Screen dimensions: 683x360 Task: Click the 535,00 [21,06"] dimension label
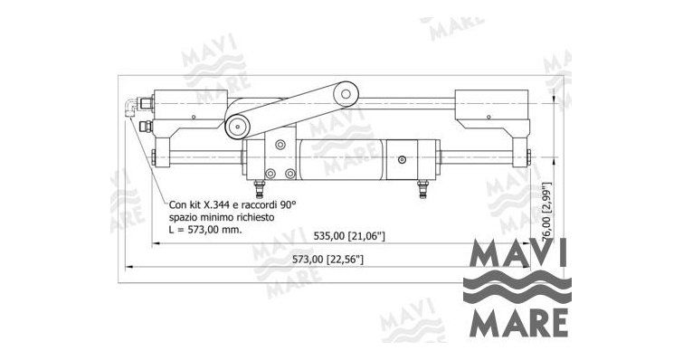coord(349,236)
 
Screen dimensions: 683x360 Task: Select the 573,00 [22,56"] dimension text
coord(327,260)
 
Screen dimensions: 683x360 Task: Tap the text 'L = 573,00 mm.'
coord(204,230)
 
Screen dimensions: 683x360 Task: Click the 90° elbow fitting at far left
coord(129,108)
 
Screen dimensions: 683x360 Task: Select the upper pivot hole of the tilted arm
coord(346,93)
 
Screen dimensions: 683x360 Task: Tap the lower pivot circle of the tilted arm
coord(237,128)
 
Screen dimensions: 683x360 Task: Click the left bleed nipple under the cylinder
coord(260,188)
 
